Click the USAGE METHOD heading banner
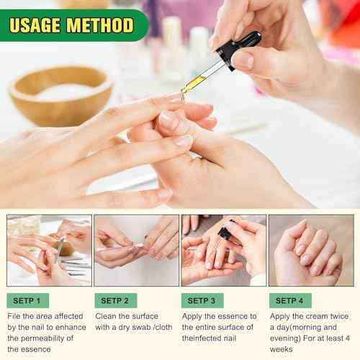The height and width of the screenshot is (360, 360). click(x=71, y=25)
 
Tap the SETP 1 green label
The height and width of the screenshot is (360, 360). click(x=28, y=300)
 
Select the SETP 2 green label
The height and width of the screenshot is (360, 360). click(x=116, y=300)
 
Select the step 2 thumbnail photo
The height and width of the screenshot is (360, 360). click(x=136, y=250)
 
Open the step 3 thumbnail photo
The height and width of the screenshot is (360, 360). click(x=223, y=250)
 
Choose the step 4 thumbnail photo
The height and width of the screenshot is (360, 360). click(x=311, y=250)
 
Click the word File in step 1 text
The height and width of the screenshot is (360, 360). click(x=15, y=316)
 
